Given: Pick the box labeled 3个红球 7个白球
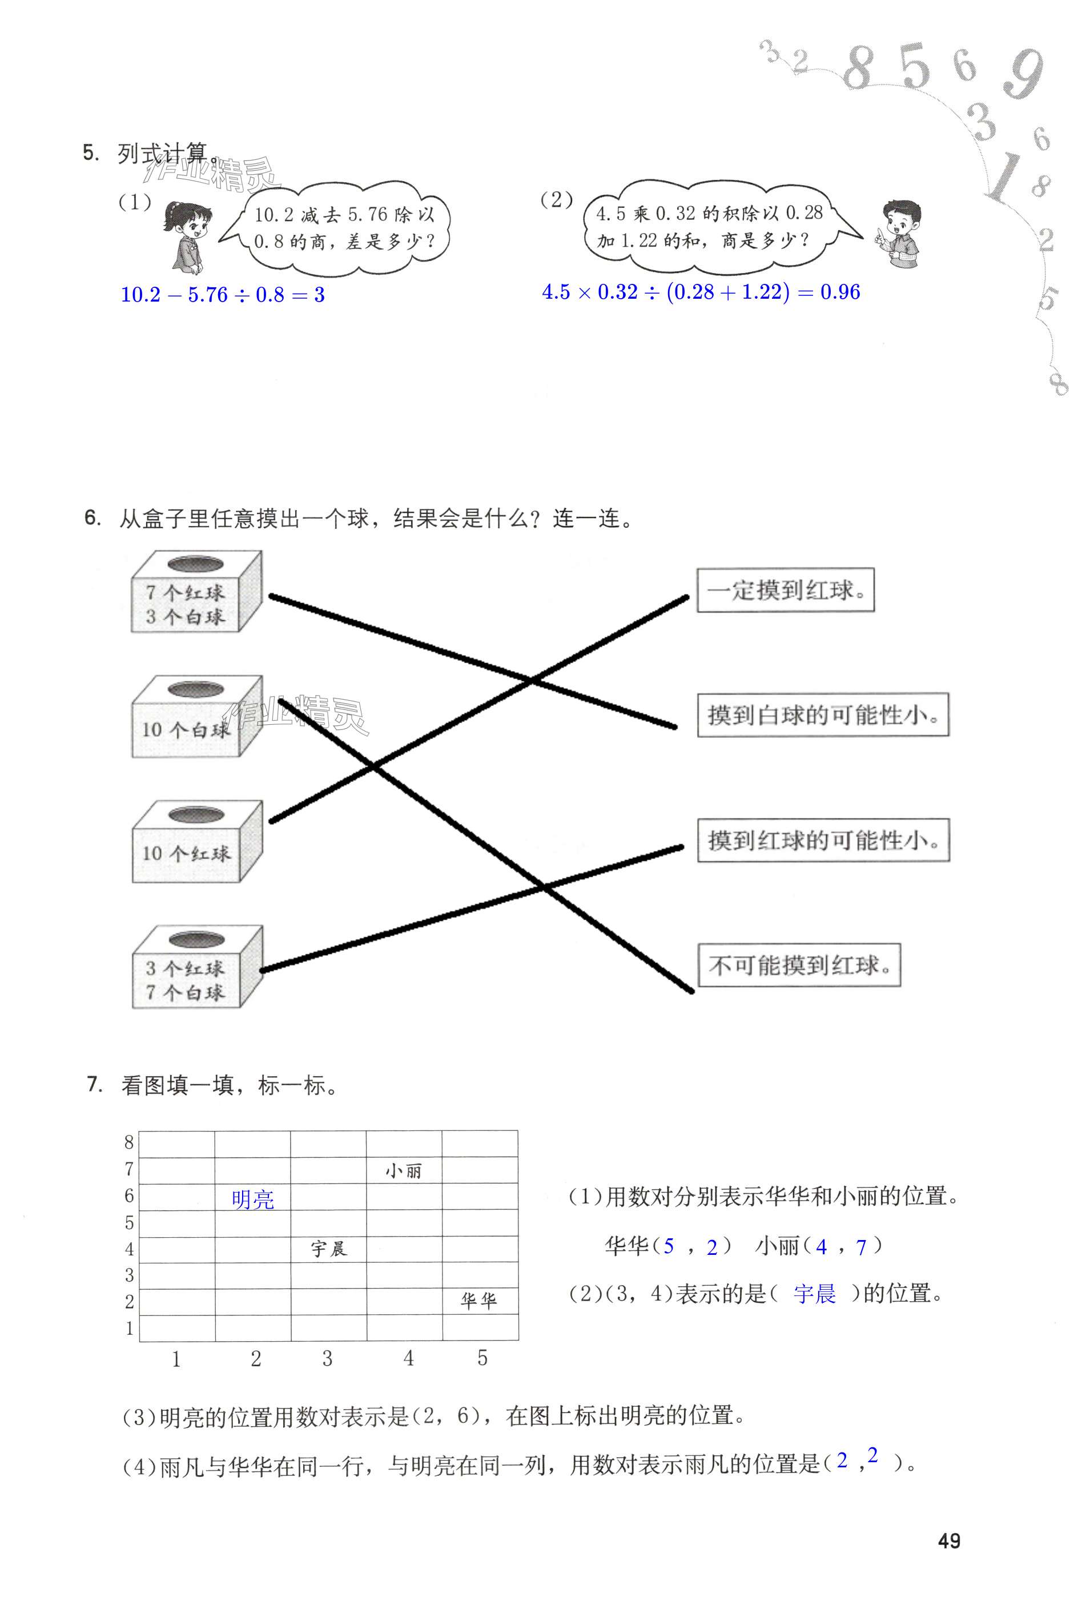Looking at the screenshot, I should pos(196,969).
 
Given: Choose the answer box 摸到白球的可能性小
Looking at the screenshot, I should pos(823,715).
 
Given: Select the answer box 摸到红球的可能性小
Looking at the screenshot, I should pos(823,840).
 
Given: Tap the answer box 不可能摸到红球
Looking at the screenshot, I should pos(799,965).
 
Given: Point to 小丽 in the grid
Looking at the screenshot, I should pos(404,1170).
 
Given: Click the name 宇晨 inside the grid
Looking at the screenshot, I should pos(328,1248).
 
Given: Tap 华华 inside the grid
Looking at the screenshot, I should pos(478,1301).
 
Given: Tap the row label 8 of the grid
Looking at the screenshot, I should pos(129,1143).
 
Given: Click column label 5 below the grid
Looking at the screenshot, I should pos(482,1358).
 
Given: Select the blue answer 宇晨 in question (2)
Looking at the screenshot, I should pos(815,1294).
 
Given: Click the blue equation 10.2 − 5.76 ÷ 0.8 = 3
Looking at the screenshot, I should pos(223,295).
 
